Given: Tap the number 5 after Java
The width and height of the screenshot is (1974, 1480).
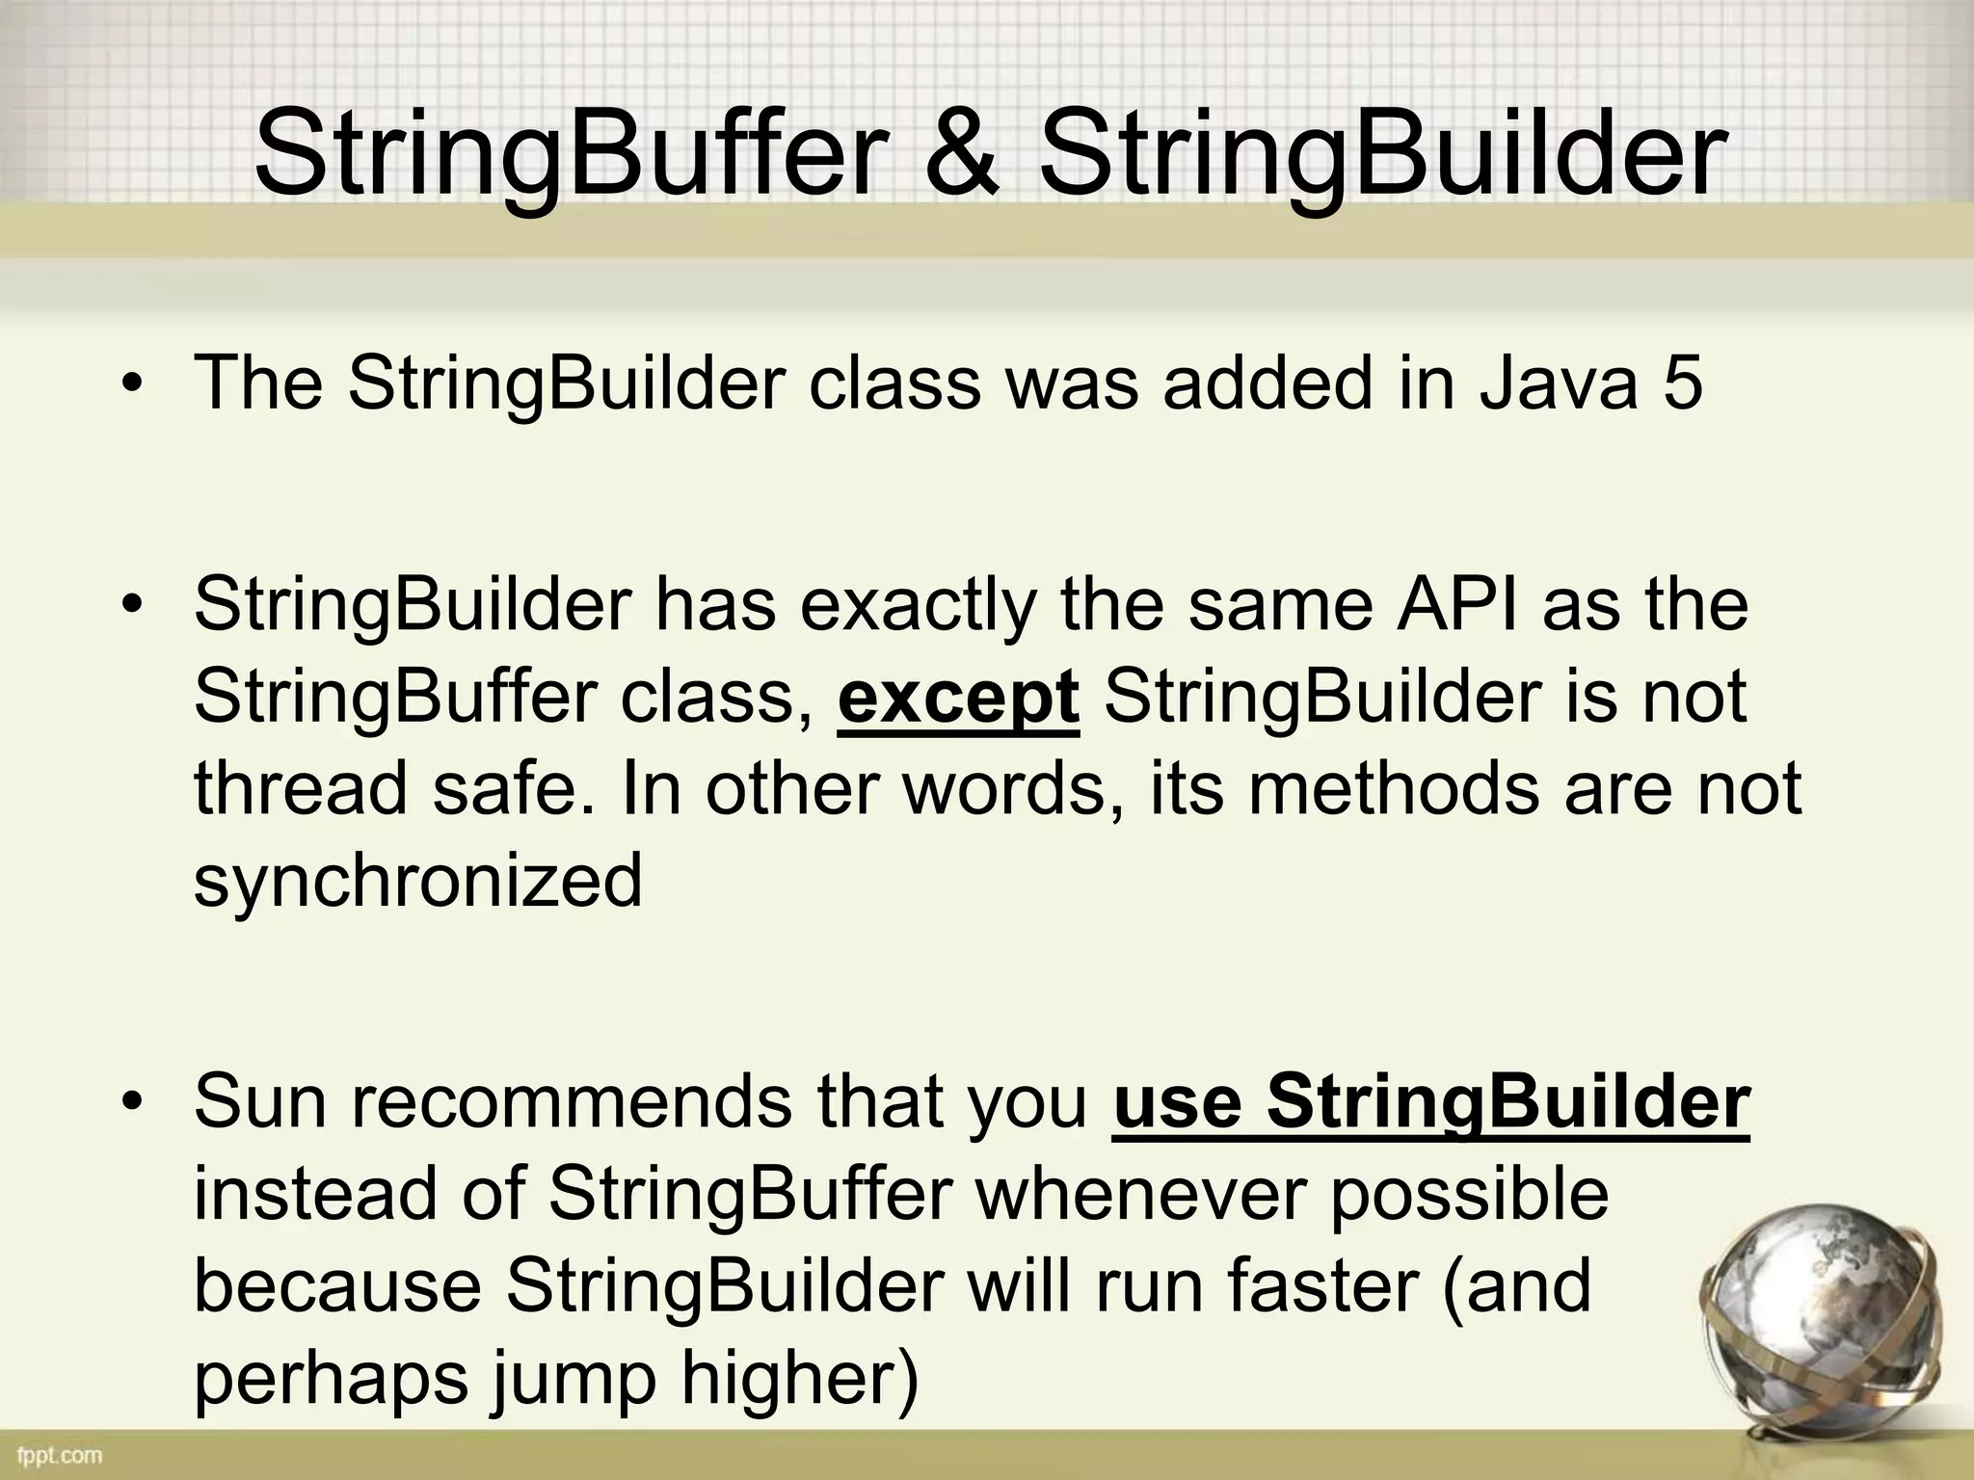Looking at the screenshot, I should point(1681,383).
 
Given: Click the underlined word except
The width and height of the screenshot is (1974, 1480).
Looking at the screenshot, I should point(958,698).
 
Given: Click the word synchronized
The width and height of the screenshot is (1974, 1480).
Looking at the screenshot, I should point(417,881).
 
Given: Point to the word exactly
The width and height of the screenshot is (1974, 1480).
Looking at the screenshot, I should point(919,605).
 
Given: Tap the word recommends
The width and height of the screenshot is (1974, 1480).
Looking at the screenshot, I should point(571,1101).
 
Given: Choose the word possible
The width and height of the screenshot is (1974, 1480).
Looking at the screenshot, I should point(1469,1194).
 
